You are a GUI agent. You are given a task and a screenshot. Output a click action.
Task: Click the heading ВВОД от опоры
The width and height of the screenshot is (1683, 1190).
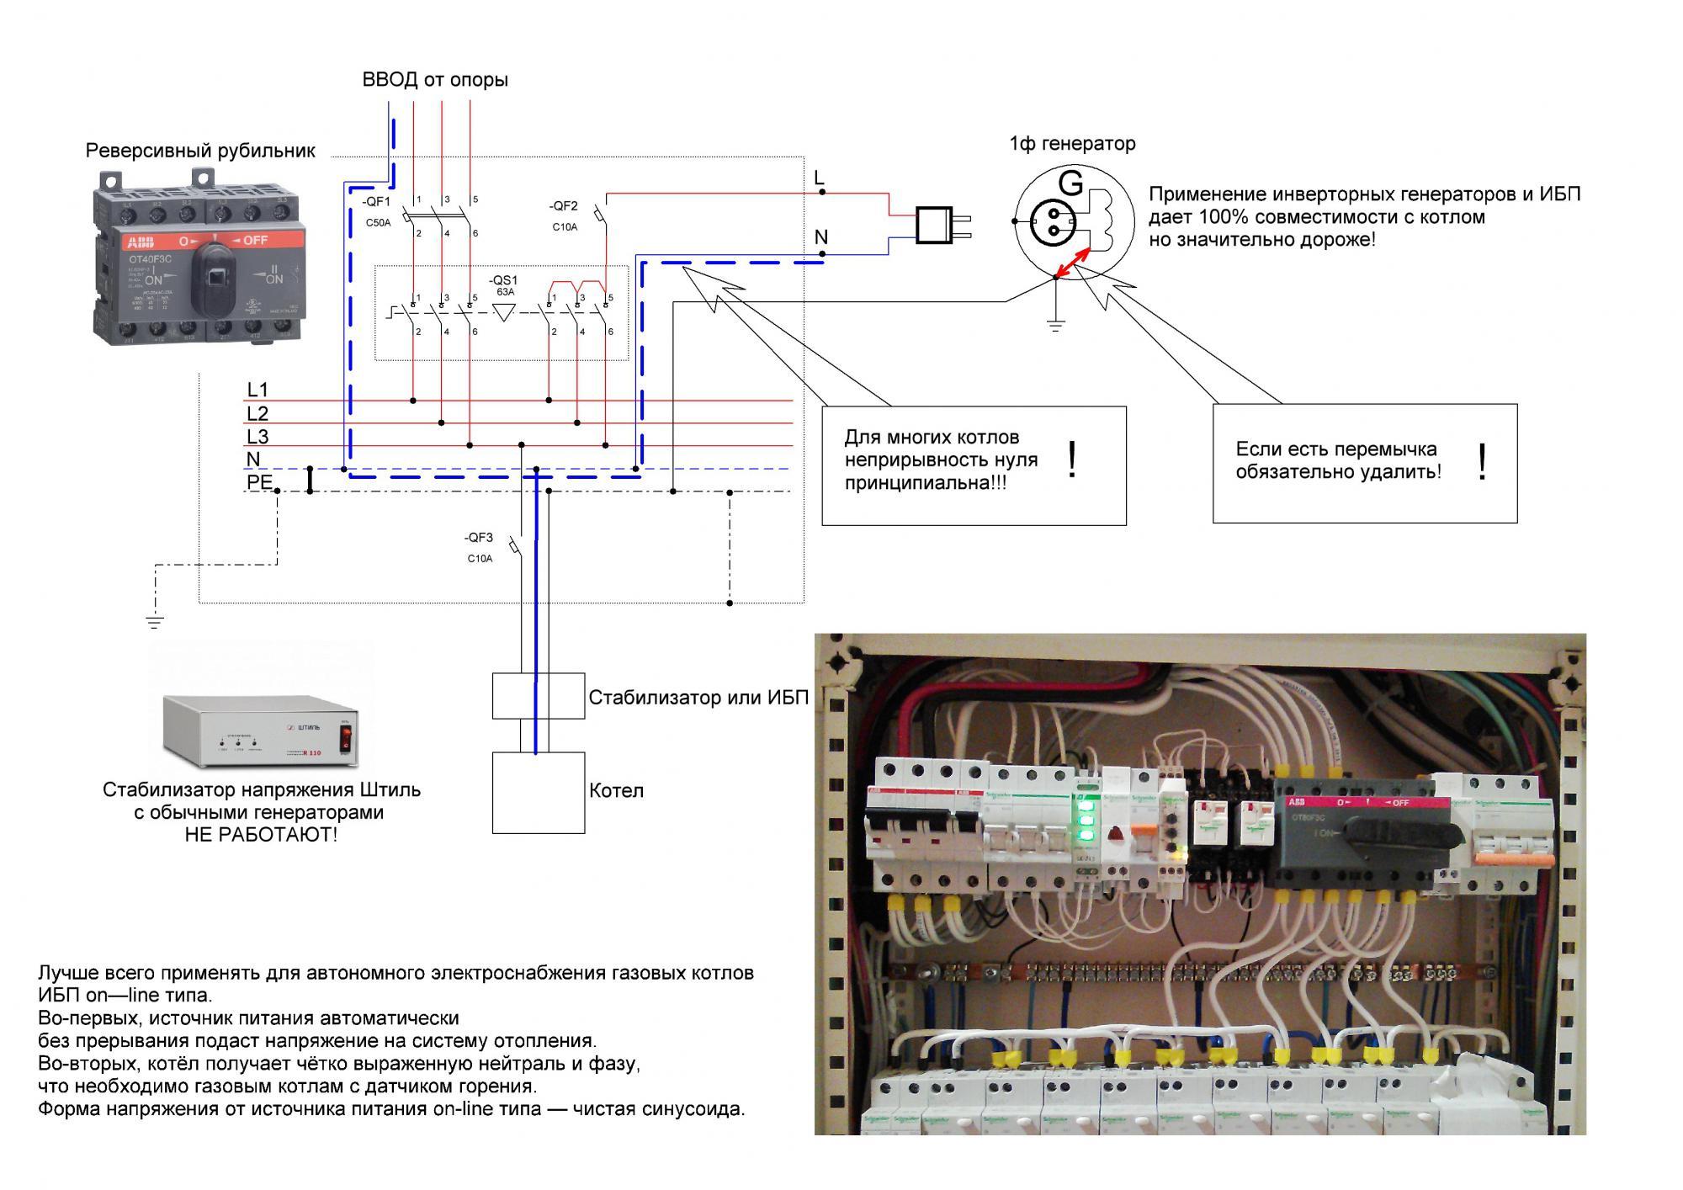[435, 80]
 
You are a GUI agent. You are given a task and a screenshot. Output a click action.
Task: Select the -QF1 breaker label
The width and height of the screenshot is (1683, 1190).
[377, 202]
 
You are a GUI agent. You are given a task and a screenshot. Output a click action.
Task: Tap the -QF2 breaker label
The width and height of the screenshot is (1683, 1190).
[564, 206]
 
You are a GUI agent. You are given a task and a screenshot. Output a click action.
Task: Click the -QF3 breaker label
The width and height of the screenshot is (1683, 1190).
[479, 538]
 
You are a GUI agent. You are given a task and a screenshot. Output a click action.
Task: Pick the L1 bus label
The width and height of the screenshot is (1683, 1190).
[257, 390]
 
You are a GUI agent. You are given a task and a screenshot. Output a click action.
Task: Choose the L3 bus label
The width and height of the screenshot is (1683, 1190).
[257, 437]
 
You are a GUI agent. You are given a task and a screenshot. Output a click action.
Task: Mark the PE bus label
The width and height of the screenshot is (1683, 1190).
[259, 482]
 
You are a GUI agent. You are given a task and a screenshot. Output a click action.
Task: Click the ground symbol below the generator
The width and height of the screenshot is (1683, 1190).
[1056, 323]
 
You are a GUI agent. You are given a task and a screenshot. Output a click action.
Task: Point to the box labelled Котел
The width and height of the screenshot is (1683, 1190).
[539, 792]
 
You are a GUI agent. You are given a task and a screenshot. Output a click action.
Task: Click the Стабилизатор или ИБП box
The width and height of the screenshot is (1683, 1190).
[539, 696]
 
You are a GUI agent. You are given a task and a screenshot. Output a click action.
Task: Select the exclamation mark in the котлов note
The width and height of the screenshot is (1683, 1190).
[1071, 460]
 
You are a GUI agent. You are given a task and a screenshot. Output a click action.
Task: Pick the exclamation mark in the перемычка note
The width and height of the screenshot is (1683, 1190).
[1482, 462]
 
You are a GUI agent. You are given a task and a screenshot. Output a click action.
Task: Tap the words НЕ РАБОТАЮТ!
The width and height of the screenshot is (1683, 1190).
[261, 835]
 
